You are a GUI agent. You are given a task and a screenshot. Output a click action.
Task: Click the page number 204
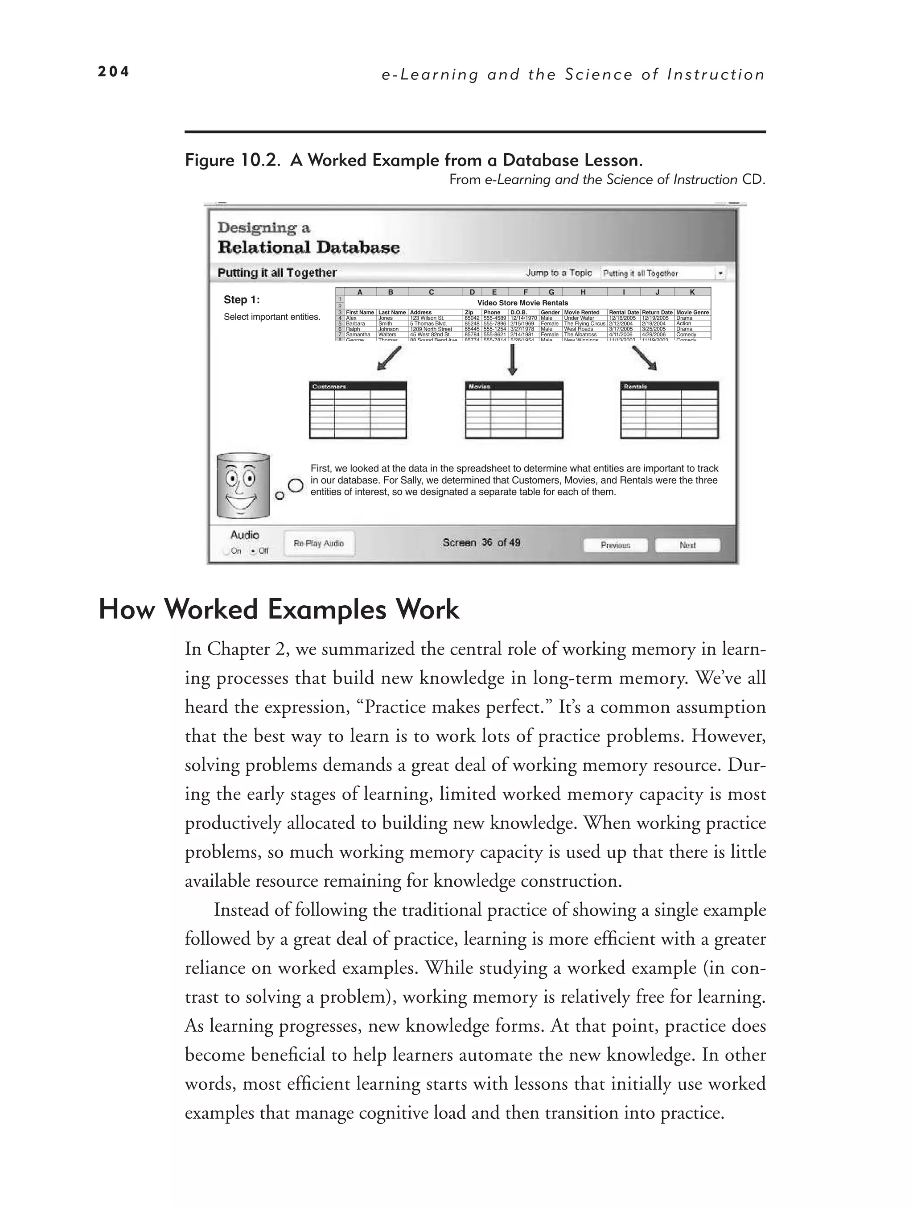coord(113,72)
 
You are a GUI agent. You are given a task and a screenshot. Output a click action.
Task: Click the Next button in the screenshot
coord(687,545)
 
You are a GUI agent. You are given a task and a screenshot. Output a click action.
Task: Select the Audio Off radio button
coord(253,551)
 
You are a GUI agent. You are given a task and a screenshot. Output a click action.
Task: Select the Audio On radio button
coord(226,551)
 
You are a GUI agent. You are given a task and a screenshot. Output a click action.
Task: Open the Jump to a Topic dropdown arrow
coord(720,273)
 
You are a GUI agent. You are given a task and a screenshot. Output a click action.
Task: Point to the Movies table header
coord(514,386)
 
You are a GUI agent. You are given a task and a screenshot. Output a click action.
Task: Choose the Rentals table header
coord(669,386)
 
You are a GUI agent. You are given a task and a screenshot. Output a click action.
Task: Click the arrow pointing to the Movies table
coord(512,360)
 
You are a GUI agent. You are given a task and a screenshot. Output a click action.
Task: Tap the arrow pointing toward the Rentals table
coord(644,359)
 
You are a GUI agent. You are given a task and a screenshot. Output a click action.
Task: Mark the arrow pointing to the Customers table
coord(390,359)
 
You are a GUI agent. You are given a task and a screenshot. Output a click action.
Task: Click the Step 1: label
coord(242,300)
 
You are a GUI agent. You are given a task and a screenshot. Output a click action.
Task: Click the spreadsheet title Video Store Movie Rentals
coord(522,303)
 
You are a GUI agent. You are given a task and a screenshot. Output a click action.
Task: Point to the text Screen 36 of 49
coord(481,543)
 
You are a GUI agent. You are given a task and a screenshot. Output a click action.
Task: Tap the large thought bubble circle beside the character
coord(296,486)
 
